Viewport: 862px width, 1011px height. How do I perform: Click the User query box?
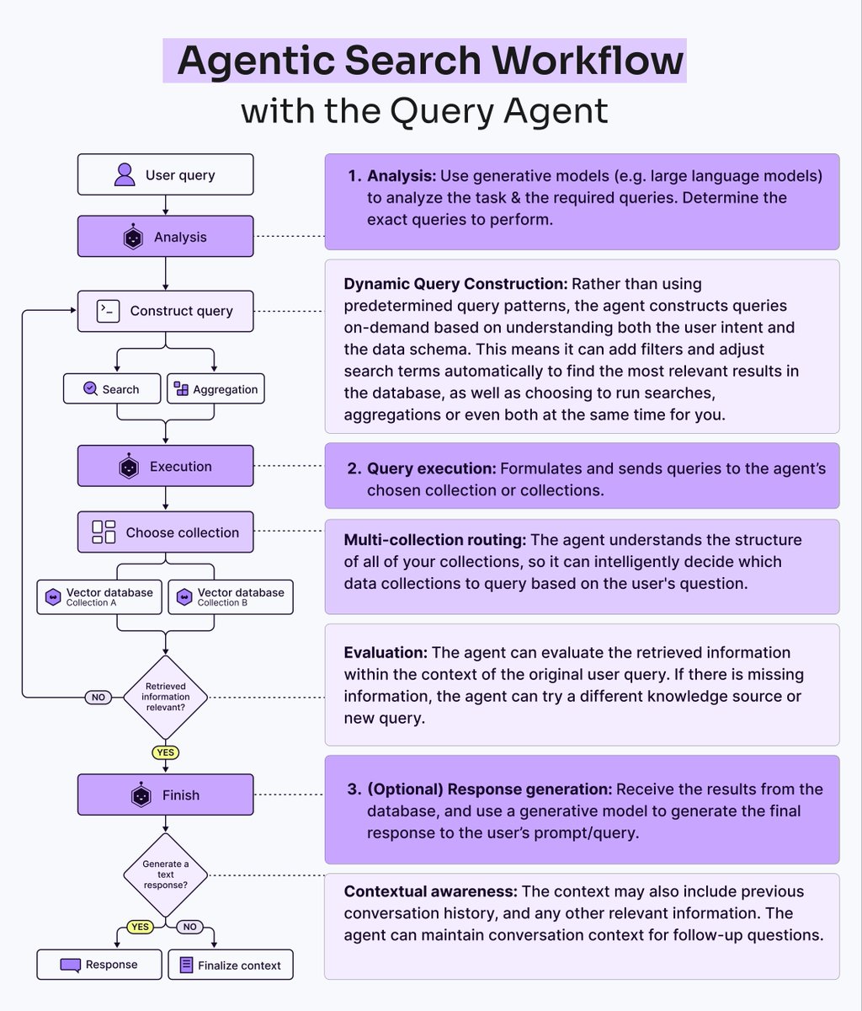[x=165, y=175]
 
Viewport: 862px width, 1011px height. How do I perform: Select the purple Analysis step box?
[x=165, y=237]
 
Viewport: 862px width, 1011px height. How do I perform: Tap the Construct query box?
[x=165, y=311]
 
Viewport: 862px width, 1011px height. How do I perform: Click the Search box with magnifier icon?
[x=112, y=389]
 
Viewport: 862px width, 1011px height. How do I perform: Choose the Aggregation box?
[x=215, y=389]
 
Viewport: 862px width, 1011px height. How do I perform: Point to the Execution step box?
[x=165, y=466]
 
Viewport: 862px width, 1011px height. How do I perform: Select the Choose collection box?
[x=165, y=532]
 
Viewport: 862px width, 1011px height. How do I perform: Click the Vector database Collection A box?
[x=99, y=596]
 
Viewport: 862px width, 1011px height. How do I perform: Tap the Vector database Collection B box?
[x=231, y=596]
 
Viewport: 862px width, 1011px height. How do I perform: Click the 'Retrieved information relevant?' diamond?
[x=166, y=697]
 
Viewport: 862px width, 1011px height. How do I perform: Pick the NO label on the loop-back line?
[x=98, y=698]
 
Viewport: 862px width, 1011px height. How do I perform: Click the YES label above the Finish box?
[x=166, y=752]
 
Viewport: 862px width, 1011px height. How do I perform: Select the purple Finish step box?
[x=165, y=794]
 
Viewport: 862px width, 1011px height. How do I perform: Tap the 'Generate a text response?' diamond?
[x=166, y=875]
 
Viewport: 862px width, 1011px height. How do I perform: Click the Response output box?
[x=99, y=965]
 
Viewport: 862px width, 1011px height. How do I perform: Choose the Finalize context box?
[x=231, y=965]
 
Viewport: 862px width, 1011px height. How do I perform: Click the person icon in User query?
[x=125, y=175]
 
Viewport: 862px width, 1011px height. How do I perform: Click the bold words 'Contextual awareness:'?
[x=430, y=891]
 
